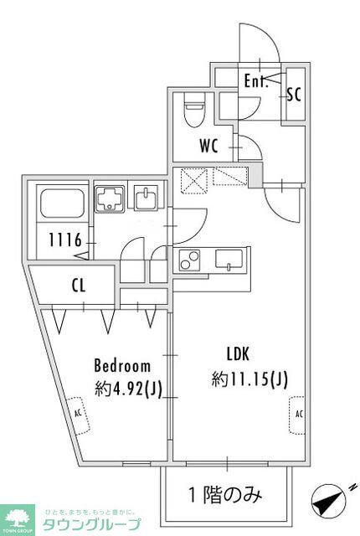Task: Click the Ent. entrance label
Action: coord(255,81)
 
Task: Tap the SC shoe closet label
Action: coord(294,94)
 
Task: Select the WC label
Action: coord(208,145)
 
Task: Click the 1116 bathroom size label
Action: coord(64,241)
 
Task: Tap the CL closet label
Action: coord(79,286)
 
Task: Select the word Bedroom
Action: coord(122,366)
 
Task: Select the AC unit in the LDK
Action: coord(298,414)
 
